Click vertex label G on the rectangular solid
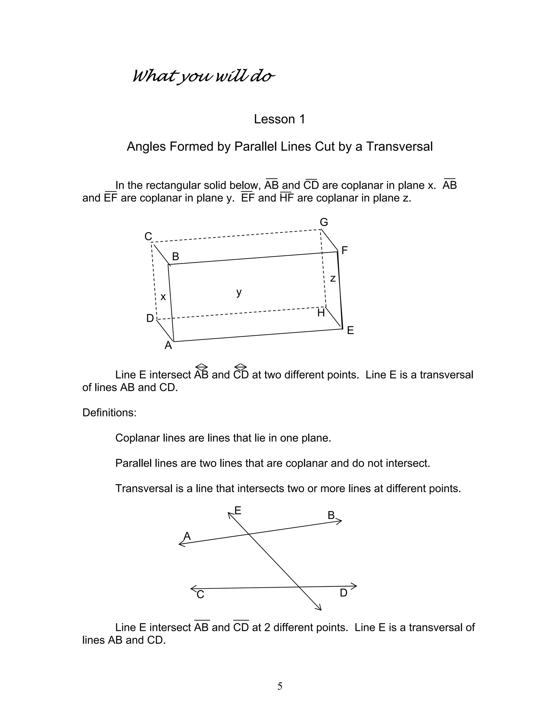click(x=324, y=222)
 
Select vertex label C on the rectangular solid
click(x=148, y=237)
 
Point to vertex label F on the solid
click(x=344, y=250)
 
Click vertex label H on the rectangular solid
click(x=321, y=313)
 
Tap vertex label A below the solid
click(x=168, y=346)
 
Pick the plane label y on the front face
click(x=239, y=292)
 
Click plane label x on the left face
click(x=163, y=297)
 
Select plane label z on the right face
click(x=333, y=279)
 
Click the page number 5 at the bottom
click(x=280, y=686)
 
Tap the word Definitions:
click(x=109, y=413)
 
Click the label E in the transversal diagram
click(x=238, y=510)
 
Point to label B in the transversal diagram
click(x=331, y=515)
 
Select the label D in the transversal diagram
click(x=343, y=593)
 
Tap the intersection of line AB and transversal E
click(x=249, y=534)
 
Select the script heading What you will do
click(x=203, y=76)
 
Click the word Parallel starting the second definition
click(x=133, y=463)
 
